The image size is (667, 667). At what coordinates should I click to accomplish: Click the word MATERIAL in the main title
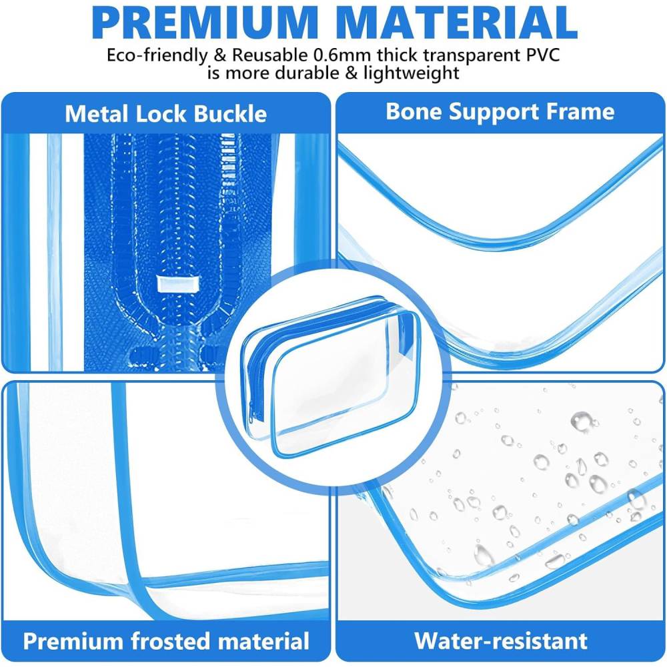pyautogui.click(x=459, y=23)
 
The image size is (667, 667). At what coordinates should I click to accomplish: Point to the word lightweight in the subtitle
pyautogui.click(x=412, y=73)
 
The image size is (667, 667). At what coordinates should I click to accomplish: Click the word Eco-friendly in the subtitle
pyautogui.click(x=157, y=56)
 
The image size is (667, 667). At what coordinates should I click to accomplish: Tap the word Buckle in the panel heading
pyautogui.click(x=230, y=114)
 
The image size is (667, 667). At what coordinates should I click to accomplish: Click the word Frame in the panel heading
pyautogui.click(x=580, y=111)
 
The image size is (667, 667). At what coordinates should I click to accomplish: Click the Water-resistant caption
pyautogui.click(x=501, y=640)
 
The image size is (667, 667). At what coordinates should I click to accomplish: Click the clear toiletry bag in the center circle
pyautogui.click(x=331, y=377)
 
